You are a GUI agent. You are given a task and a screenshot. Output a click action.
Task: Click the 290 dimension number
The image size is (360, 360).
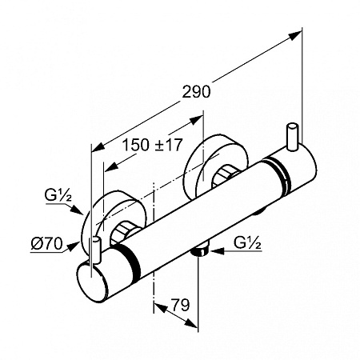point(196,92)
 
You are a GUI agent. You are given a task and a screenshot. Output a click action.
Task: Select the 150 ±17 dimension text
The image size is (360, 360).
point(152,145)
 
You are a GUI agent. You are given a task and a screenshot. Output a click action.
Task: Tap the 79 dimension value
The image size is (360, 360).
point(180,305)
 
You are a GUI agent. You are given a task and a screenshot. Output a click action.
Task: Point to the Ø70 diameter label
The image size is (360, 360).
point(46,244)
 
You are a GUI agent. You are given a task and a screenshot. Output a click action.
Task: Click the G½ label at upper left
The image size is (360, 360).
point(58,197)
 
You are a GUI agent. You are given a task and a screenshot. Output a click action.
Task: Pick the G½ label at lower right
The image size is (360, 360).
point(247,243)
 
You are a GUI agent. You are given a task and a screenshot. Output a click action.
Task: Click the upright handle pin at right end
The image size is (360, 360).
point(292,137)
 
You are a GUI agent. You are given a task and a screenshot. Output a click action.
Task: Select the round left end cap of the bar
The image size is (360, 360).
point(92,282)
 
